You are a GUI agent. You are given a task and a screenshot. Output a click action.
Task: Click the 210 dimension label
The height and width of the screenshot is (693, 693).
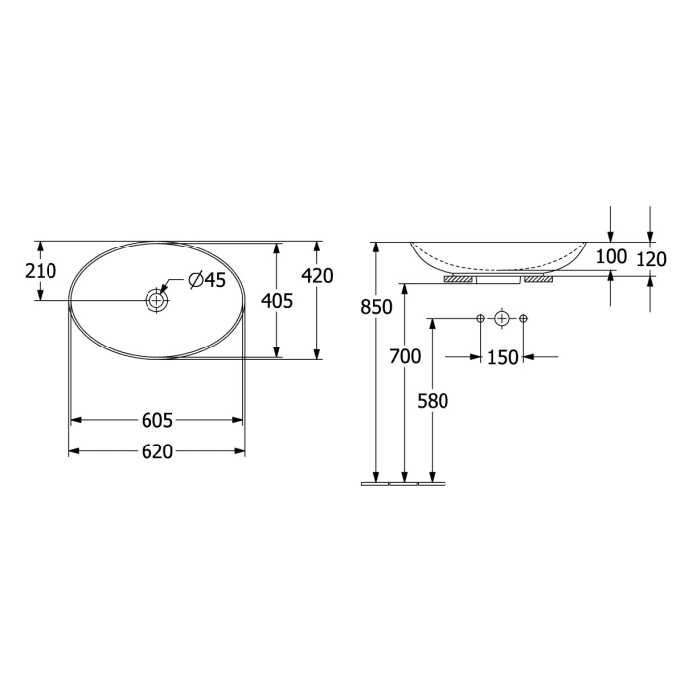click(x=41, y=271)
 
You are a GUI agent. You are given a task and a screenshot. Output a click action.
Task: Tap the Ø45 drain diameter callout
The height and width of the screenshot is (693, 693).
click(x=206, y=280)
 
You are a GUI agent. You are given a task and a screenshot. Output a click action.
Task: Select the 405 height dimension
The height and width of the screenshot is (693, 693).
click(x=277, y=301)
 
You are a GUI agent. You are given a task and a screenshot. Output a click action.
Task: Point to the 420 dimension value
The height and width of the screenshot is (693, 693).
click(x=317, y=276)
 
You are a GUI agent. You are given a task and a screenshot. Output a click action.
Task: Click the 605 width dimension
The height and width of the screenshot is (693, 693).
click(x=157, y=421)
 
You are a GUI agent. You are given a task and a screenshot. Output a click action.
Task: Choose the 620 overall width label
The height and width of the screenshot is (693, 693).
click(x=157, y=451)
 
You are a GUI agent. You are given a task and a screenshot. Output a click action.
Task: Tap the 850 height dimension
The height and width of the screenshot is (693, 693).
click(x=376, y=307)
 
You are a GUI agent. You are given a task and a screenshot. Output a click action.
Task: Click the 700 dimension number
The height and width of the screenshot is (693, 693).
click(x=405, y=356)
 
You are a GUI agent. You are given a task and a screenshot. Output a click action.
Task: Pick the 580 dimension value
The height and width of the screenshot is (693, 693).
click(x=433, y=401)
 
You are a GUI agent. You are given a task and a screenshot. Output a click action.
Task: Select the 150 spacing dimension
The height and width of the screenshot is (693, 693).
click(x=503, y=357)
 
